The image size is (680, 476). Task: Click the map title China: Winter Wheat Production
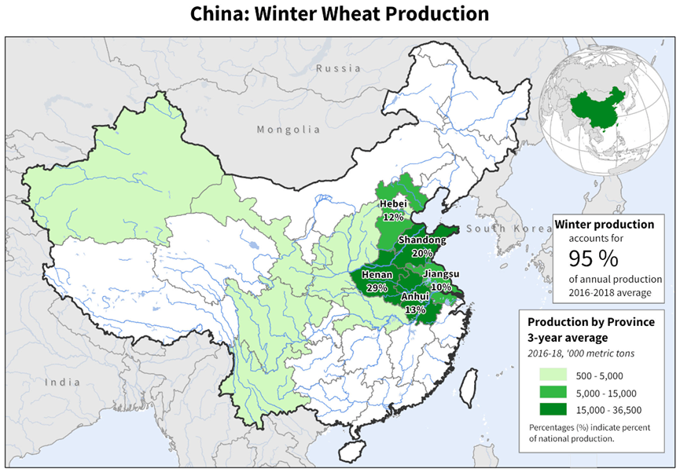340,14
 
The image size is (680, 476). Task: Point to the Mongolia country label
289,130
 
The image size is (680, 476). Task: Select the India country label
62,382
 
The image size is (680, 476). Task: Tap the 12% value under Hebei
394,216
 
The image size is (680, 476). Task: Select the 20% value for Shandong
422,253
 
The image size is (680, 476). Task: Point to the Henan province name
377,275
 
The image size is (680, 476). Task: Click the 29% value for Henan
377,287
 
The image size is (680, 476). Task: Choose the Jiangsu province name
441,274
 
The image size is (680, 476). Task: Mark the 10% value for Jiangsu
441,287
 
